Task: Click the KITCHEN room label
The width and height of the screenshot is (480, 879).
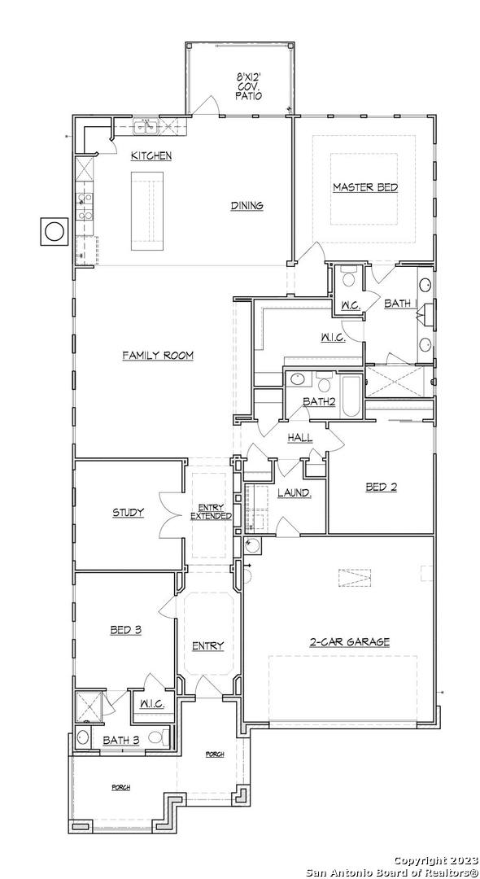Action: click(x=151, y=155)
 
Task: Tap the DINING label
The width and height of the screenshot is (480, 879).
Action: click(x=247, y=206)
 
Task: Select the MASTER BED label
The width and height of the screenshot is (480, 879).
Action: click(x=365, y=187)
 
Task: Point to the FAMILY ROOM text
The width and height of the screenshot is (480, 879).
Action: click(x=158, y=356)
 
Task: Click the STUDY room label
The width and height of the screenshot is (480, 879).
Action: click(x=129, y=513)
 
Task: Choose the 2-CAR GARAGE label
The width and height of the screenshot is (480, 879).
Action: click(x=350, y=642)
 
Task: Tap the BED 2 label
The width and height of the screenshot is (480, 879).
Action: click(x=382, y=488)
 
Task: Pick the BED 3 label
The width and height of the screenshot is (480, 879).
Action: click(x=125, y=630)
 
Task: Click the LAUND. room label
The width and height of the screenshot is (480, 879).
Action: click(x=295, y=492)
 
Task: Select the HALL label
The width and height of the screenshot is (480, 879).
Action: click(x=300, y=438)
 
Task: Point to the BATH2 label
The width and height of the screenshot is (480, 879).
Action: click(x=319, y=401)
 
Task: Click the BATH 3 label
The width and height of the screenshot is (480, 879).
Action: click(x=121, y=741)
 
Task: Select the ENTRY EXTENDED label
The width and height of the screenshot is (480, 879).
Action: click(x=211, y=513)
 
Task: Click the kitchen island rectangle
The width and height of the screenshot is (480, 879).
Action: click(x=147, y=211)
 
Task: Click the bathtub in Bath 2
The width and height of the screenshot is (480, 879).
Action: click(x=351, y=396)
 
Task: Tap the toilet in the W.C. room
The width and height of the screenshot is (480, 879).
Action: click(x=348, y=278)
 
